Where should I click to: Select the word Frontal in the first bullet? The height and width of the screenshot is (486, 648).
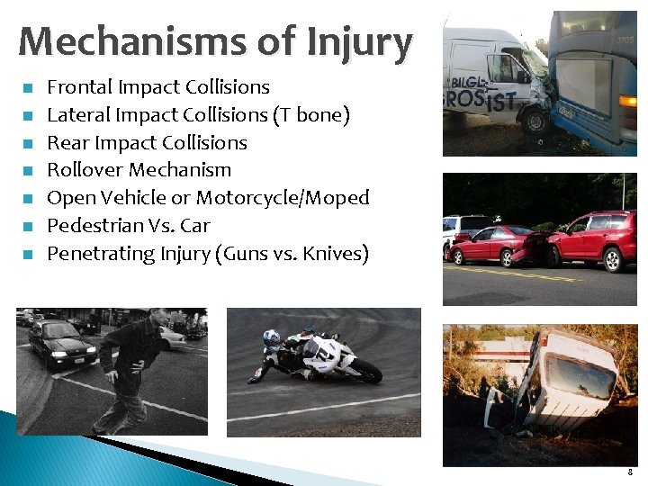point(79,87)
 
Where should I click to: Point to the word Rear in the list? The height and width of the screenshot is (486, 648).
point(67,142)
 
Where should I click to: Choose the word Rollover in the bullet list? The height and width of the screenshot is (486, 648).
point(85,170)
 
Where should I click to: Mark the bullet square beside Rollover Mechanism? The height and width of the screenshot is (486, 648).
point(29,171)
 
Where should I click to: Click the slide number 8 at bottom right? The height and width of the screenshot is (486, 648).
point(631,471)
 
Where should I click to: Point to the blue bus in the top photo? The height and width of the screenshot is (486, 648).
point(594,81)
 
